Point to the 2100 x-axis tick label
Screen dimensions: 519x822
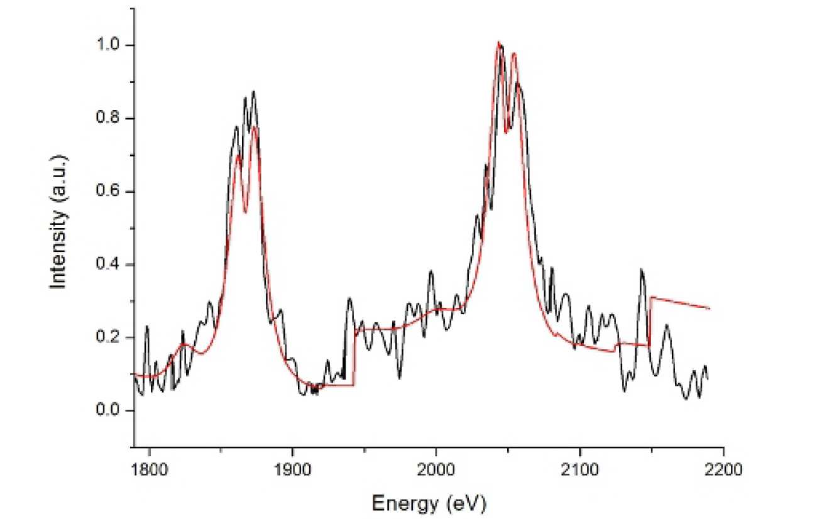click(x=579, y=469)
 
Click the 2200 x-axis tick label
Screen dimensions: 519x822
click(x=723, y=469)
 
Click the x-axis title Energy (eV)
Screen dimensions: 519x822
click(x=429, y=503)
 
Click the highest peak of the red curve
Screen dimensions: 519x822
click(x=498, y=43)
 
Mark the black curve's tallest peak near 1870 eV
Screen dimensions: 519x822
click(x=253, y=92)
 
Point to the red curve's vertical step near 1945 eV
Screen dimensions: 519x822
click(x=354, y=358)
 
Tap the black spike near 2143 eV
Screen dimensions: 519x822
click(x=642, y=270)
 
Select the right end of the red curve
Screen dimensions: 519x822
click(x=710, y=309)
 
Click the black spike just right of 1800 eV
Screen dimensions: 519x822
click(x=147, y=326)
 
